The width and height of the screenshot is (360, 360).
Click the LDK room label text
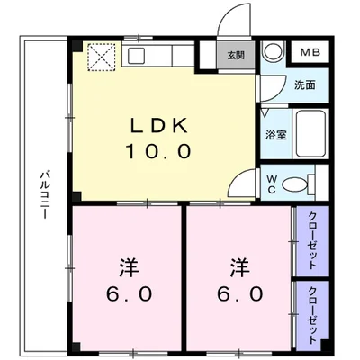163,125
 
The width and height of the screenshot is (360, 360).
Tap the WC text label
268,184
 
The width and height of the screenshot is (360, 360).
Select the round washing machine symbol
274,52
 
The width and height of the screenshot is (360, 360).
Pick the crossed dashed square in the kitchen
98,57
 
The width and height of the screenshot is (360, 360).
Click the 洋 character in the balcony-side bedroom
126,268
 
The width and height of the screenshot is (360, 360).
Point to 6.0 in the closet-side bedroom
239,293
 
